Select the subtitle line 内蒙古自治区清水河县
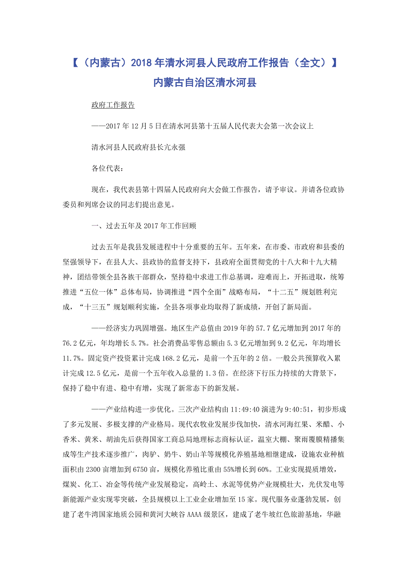point(205,82)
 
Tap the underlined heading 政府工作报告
point(113,106)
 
